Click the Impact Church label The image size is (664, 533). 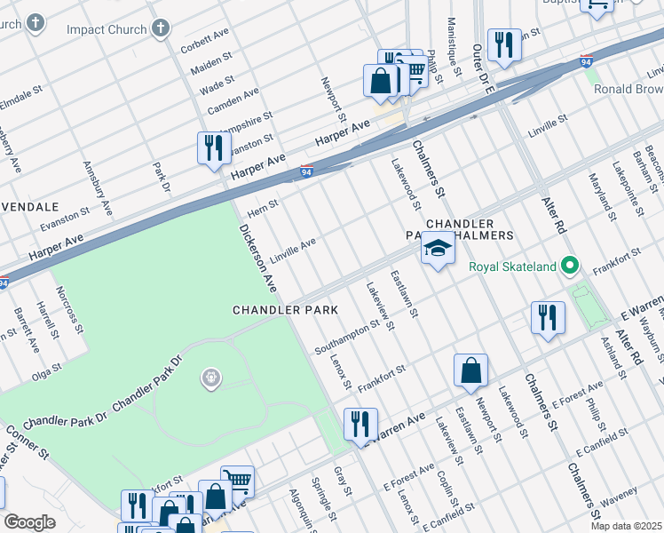(x=107, y=29)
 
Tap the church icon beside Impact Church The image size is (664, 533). (x=162, y=28)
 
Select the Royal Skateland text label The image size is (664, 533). (x=512, y=266)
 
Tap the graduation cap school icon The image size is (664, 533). (x=438, y=248)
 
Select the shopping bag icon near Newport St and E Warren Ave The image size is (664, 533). (x=470, y=370)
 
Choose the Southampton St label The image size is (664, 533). (x=347, y=336)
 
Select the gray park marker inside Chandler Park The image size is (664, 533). (x=211, y=378)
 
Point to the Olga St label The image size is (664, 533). (x=46, y=368)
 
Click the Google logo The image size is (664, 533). (x=29, y=522)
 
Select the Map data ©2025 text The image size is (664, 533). (x=626, y=526)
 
